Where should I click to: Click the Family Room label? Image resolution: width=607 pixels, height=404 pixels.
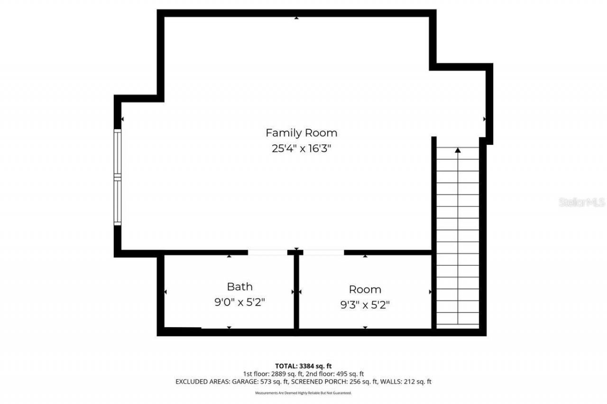[x=301, y=133]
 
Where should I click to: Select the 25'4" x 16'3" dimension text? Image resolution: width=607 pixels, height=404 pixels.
[x=301, y=148]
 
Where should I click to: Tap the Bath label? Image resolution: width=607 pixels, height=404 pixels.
[x=239, y=287]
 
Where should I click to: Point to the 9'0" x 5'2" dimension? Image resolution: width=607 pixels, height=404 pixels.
[x=239, y=302]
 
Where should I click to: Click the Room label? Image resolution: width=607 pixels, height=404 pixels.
[x=365, y=289]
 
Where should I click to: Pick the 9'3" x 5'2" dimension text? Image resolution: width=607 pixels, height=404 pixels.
[x=365, y=305]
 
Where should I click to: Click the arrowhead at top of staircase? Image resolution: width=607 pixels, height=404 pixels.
[x=458, y=151]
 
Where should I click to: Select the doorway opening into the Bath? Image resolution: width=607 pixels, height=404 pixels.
[x=267, y=252]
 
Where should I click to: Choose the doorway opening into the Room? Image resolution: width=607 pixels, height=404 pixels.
[x=323, y=252]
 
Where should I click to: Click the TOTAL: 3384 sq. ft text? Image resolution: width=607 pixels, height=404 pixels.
[x=303, y=366]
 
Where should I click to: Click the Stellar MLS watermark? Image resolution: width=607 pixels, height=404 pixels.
[x=582, y=202]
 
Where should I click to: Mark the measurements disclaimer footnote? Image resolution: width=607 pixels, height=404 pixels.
[x=303, y=393]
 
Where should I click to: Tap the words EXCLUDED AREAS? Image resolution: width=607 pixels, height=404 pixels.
[x=199, y=381]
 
